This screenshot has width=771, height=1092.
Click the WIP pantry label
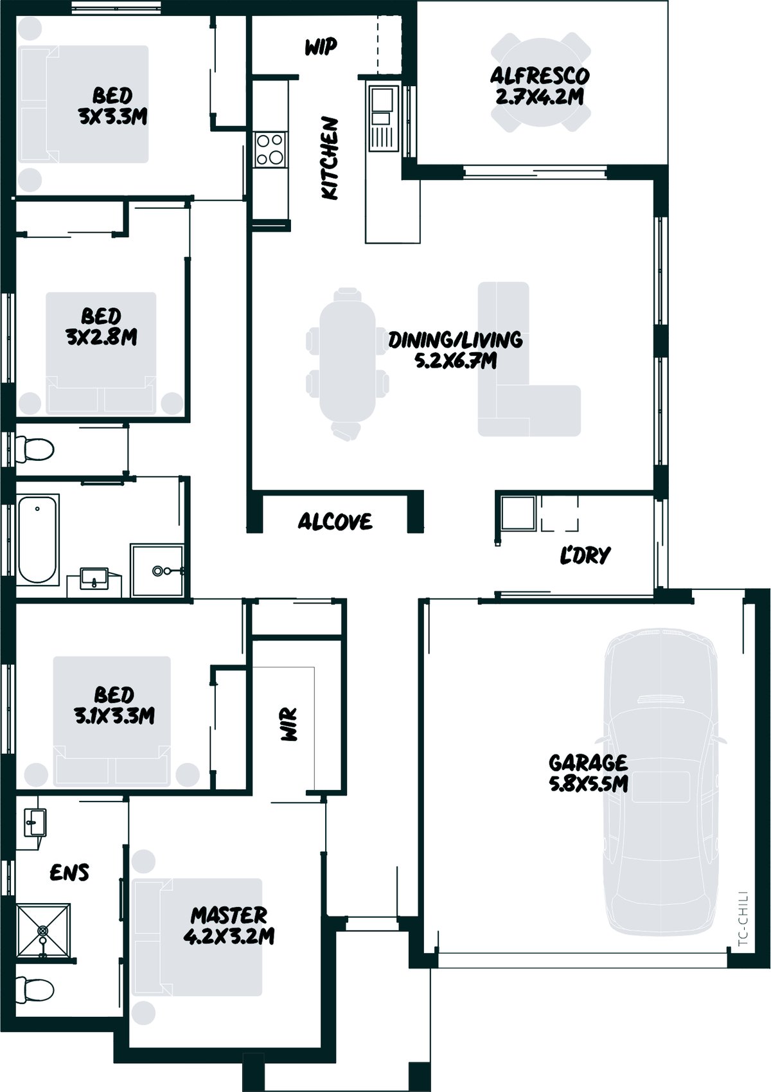321,47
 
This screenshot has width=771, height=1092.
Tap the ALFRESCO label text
540,76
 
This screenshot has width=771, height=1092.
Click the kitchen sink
381,106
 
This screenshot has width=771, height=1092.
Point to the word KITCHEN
330,158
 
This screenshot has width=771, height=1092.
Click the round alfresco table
540,82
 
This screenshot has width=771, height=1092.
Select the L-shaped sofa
529,359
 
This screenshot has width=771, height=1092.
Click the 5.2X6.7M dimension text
456,361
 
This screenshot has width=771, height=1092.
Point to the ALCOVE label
335,522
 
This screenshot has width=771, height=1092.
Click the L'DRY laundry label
585,555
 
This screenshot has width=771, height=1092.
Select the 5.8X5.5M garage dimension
589,784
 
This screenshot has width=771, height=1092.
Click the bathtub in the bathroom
37,539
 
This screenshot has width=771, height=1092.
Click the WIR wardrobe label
289,725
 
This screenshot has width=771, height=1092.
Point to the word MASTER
229,915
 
